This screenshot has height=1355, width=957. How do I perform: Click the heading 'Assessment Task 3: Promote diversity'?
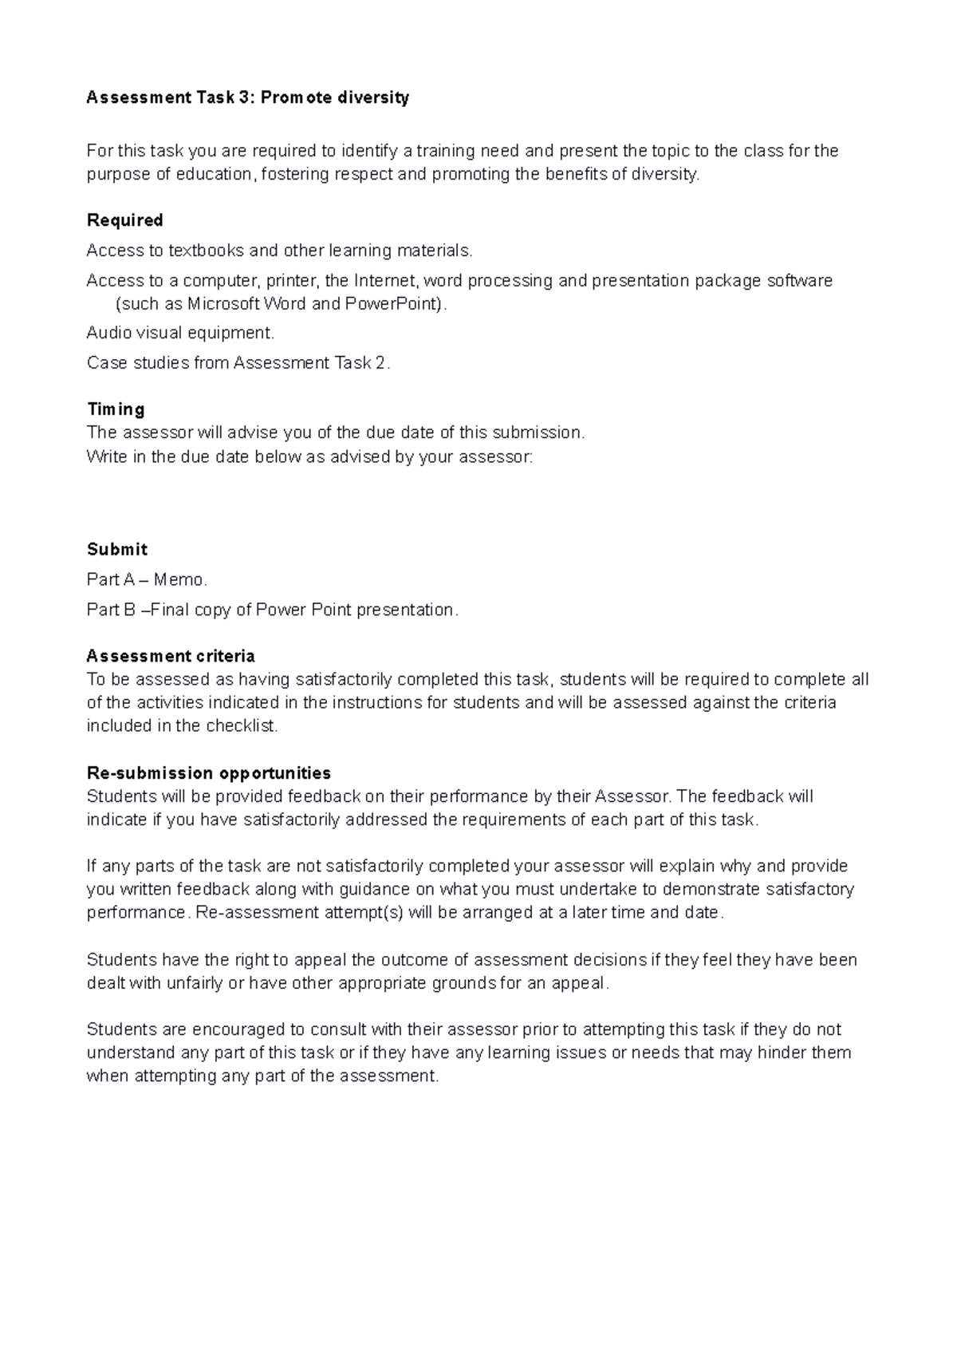(247, 98)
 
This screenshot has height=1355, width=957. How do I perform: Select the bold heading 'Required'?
(124, 220)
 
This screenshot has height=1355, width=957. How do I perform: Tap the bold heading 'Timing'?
(116, 409)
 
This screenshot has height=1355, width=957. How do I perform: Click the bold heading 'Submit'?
(116, 550)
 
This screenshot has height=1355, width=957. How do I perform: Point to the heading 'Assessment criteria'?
(171, 656)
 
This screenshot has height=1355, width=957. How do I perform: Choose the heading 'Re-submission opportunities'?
(208, 773)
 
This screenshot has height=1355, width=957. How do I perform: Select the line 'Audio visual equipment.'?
(180, 333)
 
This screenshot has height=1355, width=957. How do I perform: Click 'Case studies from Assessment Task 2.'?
(238, 363)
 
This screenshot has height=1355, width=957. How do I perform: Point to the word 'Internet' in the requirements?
(386, 281)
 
